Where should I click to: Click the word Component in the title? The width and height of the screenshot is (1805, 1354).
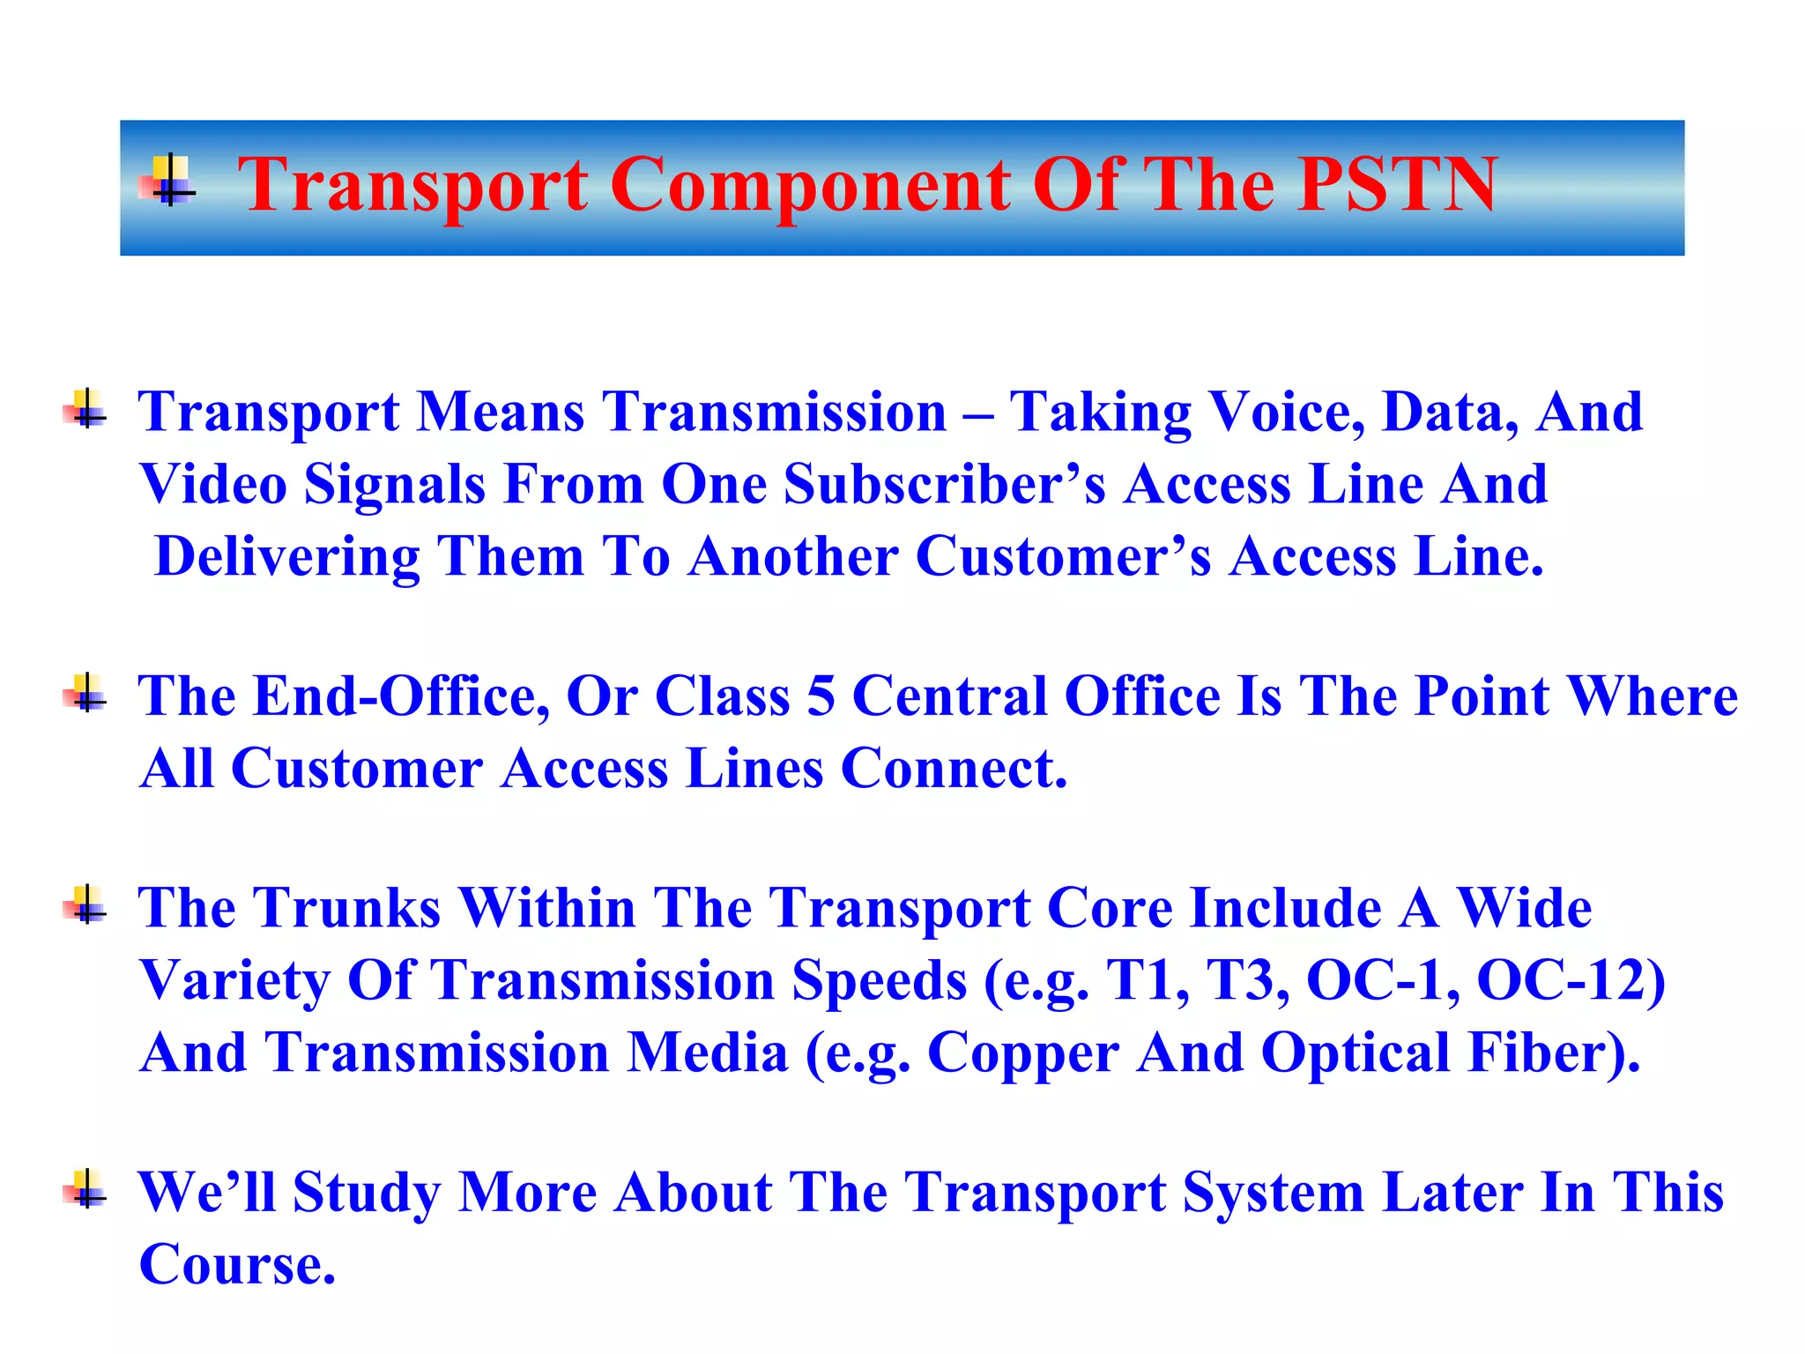point(810,186)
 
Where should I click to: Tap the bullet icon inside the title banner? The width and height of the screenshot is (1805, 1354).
point(168,182)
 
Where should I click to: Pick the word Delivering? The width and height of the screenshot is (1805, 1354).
point(287,556)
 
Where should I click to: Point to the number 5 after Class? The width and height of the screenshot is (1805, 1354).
point(821,696)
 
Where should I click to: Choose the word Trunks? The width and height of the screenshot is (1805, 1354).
point(347,908)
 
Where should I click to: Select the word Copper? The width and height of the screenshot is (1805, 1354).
point(1023,1054)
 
